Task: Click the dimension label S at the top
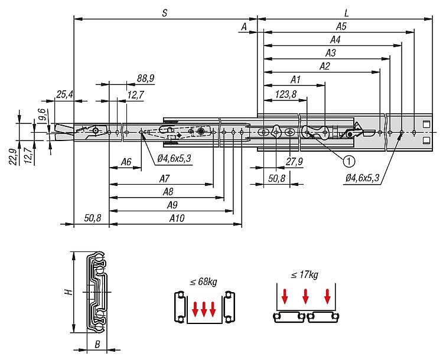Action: click(164, 12)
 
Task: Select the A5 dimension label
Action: click(341, 27)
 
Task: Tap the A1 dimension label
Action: click(296, 79)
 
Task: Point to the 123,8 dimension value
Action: click(285, 93)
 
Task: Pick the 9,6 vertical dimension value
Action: click(41, 115)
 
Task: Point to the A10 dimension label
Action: click(177, 218)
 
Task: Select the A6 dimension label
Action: click(126, 161)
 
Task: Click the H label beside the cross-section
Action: click(68, 292)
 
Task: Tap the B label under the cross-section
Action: click(97, 345)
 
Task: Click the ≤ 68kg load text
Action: click(203, 282)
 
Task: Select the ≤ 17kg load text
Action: click(305, 274)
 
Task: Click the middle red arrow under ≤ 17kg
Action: click(305, 296)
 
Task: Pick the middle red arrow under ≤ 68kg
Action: click(204, 308)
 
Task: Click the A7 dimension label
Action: click(165, 178)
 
